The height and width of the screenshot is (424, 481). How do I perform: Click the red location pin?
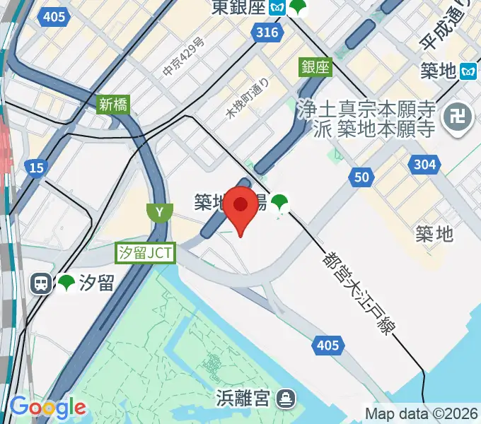coord(241,206)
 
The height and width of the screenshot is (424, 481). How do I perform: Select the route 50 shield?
coord(361,177)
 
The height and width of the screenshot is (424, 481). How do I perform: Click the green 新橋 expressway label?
coord(112,104)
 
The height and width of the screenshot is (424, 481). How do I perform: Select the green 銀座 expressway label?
coord(315,67)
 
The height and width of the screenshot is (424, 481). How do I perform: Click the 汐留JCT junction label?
coord(146,252)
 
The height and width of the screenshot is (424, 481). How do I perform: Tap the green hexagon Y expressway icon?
coord(160,211)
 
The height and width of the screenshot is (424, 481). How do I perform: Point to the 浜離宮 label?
coord(243,397)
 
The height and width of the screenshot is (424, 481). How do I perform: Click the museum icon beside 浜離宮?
coord(286,398)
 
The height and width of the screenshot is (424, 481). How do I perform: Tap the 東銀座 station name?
coord(240,8)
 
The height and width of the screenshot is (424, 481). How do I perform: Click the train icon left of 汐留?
coord(42,283)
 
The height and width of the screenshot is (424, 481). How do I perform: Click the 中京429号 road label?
coord(183,57)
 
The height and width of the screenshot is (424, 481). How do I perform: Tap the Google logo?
coord(47,408)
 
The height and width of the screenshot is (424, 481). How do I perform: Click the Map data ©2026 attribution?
coord(422,413)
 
